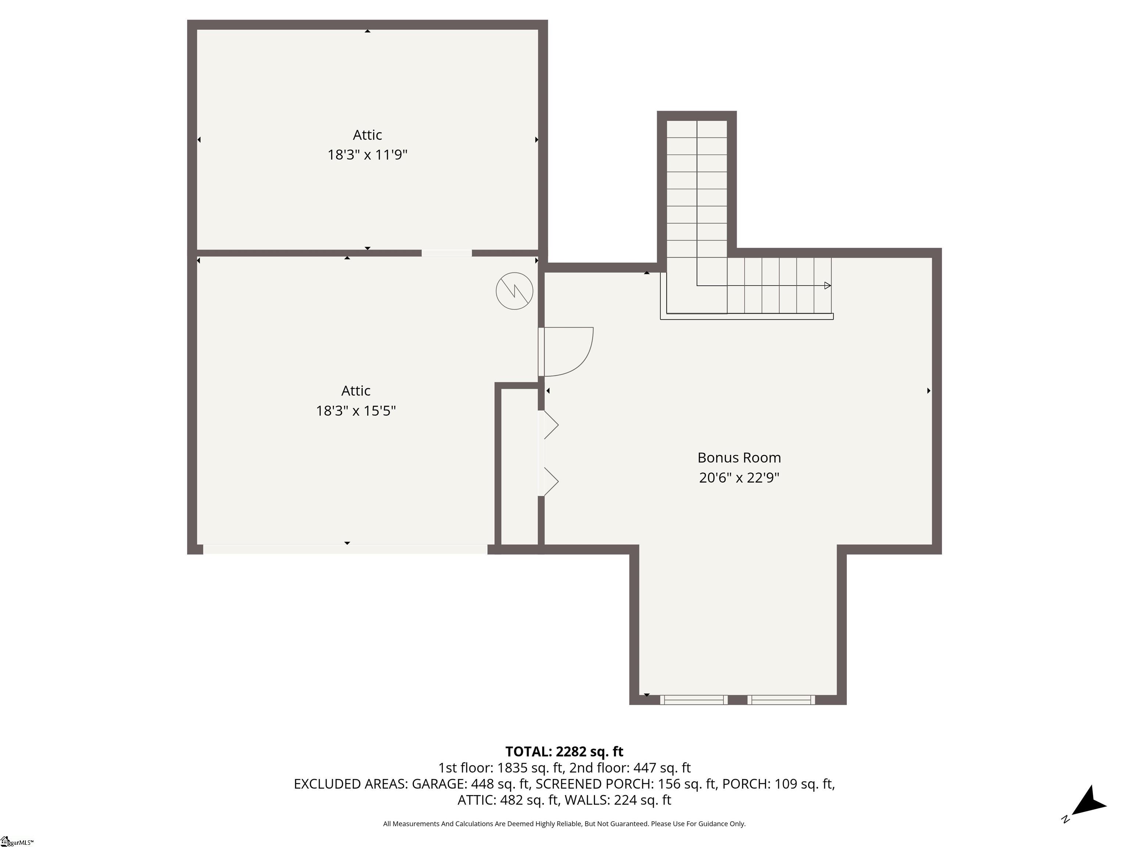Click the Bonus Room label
(739, 457)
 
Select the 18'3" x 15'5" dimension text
(356, 411)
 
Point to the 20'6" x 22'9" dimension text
(739, 478)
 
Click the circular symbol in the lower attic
(515, 291)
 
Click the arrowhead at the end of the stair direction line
(827, 285)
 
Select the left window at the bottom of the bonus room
(693, 700)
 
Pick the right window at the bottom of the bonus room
(781, 700)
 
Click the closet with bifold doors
(519, 467)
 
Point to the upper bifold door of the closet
(550, 425)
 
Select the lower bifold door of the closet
(550, 481)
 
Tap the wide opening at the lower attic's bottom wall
(345, 549)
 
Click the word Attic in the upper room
(367, 135)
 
